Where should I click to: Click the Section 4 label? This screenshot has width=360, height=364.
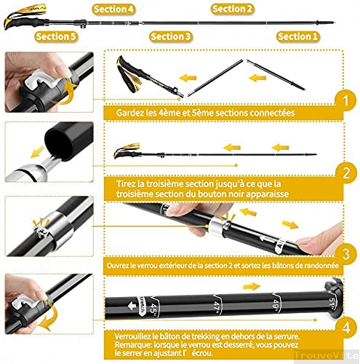coord(113,9)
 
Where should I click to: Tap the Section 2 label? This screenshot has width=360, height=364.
coord(233,9)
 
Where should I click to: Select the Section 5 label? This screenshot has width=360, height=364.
coord(55,36)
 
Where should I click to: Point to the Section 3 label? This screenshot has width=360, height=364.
coord(170,36)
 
